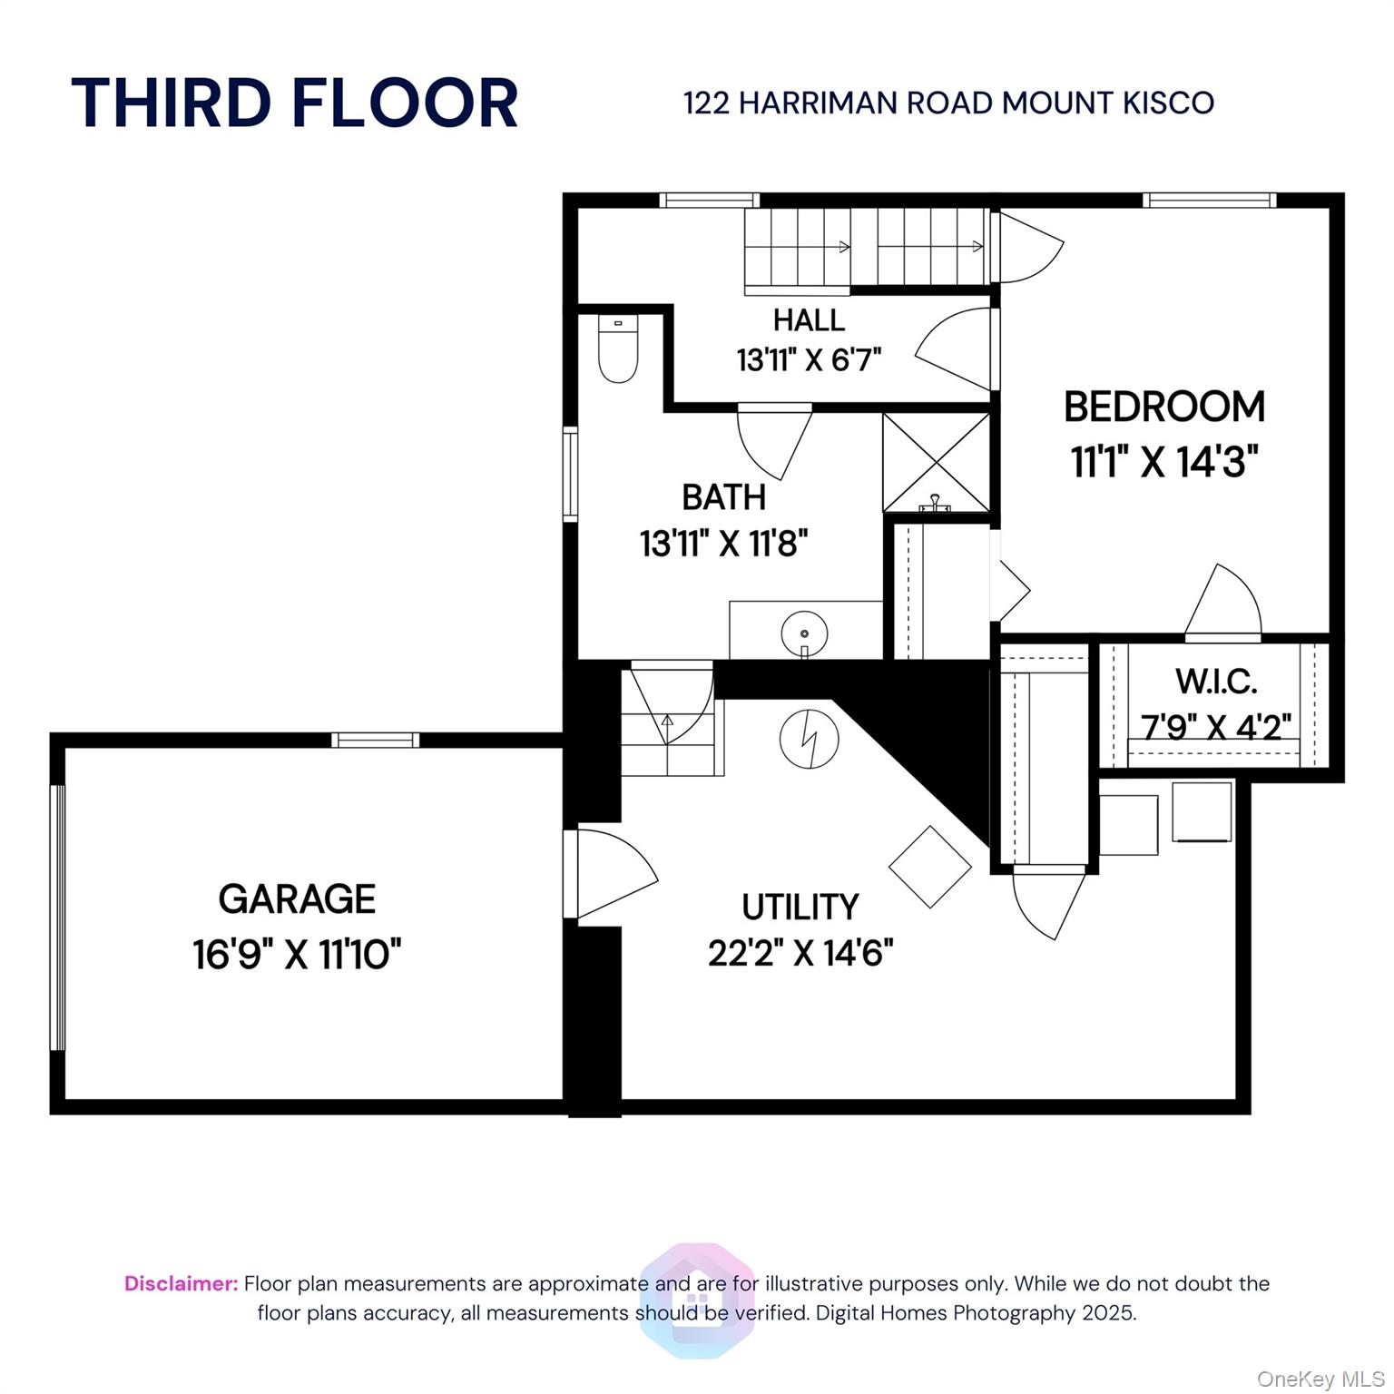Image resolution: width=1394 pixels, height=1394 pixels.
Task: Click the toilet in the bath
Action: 618,349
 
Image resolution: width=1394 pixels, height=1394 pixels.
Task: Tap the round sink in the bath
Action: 804,633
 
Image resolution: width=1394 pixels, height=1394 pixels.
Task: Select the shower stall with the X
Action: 937,463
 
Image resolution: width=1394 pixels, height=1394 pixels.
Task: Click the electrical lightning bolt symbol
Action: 809,737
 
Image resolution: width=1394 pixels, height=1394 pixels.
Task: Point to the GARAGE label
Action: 297,899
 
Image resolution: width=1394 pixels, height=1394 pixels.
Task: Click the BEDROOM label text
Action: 1164,407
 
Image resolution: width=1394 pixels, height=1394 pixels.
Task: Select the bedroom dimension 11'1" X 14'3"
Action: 1164,463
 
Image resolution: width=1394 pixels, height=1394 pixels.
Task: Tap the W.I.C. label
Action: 1216,681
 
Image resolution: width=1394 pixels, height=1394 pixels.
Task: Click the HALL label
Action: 809,320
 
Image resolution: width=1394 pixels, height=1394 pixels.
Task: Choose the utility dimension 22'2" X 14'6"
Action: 800,954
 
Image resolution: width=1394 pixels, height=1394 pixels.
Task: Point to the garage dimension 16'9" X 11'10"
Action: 297,955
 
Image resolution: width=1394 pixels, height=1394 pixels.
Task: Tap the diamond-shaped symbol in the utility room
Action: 930,867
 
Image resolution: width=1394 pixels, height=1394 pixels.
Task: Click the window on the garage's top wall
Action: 375,741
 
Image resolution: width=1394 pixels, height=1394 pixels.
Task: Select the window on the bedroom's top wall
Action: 1209,201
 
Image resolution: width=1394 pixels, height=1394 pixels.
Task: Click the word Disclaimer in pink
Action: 181,1284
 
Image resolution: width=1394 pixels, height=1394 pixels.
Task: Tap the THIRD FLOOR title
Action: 295,103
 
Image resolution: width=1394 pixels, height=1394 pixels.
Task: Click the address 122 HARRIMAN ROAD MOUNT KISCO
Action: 948,103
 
